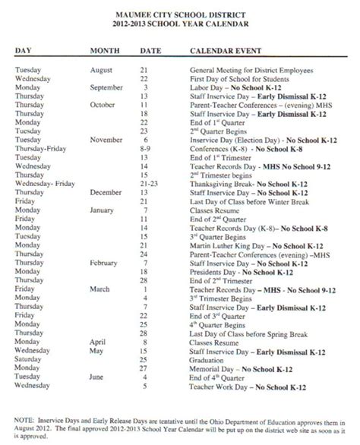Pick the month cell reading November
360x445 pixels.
[x=106, y=139]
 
